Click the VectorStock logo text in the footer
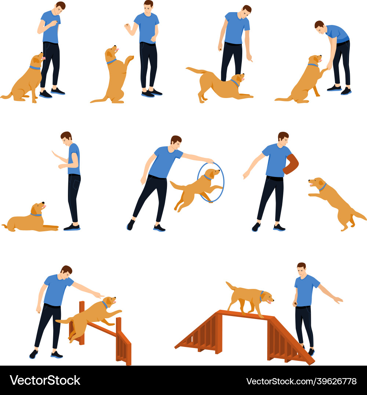[45, 380]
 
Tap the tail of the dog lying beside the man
[5, 227]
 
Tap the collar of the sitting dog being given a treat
[35, 68]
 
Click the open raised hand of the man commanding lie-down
[54, 154]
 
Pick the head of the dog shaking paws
[315, 59]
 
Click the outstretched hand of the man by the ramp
[338, 300]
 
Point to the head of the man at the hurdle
[66, 272]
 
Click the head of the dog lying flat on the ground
[38, 208]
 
